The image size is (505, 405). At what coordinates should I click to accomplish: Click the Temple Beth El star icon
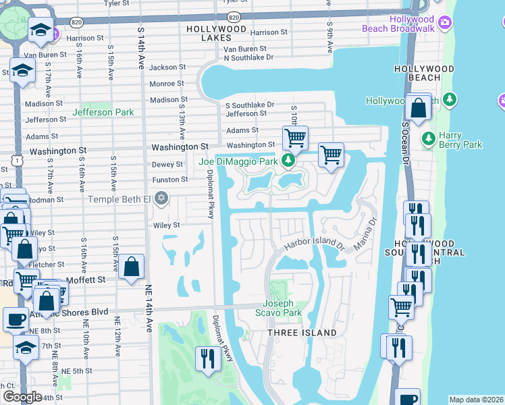(x=161, y=198)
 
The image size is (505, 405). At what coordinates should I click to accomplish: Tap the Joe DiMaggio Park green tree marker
(x=288, y=161)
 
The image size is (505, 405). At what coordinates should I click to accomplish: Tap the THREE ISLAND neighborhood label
(x=302, y=333)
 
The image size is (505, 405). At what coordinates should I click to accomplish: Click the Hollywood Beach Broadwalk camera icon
(x=445, y=24)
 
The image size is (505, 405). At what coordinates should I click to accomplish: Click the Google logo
(x=22, y=397)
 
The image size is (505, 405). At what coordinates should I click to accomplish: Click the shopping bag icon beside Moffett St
(x=133, y=267)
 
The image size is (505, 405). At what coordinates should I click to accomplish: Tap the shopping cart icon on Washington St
(x=295, y=138)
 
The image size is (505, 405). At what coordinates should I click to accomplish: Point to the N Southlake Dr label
(x=243, y=57)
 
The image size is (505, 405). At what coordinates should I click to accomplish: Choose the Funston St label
(x=169, y=180)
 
